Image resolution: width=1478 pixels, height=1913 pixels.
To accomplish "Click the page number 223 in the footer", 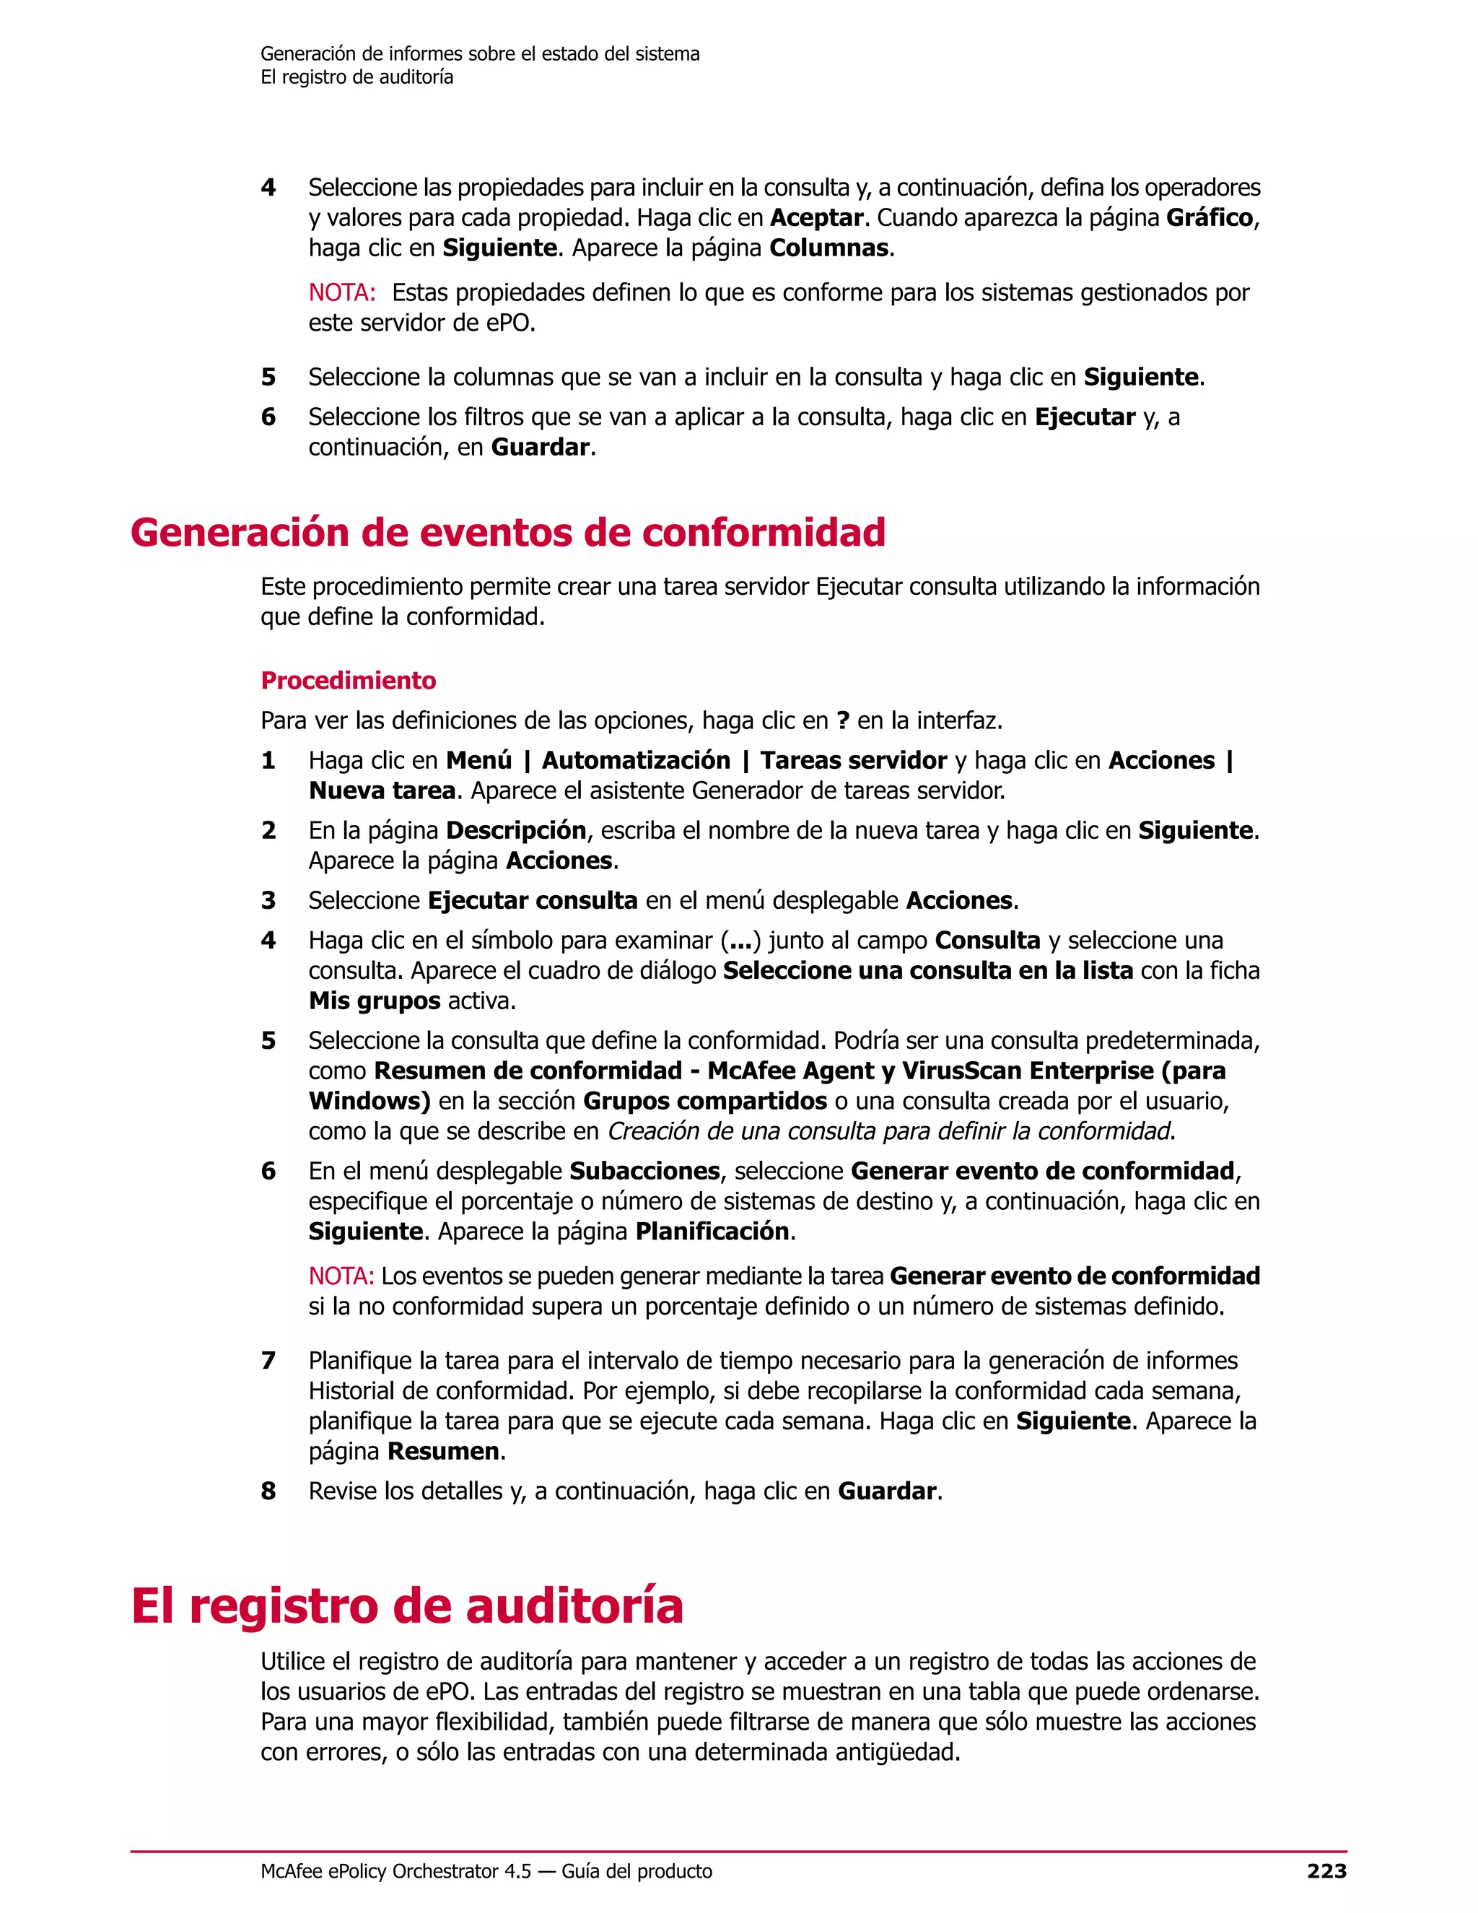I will click(1326, 1871).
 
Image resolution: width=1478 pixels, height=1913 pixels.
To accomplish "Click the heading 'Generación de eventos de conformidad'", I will click(508, 533).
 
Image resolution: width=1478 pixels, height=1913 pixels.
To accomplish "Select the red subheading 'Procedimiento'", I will click(349, 681).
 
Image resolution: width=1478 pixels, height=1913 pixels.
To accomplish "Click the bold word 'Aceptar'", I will click(817, 217).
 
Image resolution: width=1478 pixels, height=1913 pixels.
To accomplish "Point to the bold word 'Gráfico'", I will click(1210, 217).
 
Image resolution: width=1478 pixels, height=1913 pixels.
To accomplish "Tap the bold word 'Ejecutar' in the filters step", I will click(1085, 417).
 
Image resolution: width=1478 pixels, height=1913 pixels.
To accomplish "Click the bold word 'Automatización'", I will click(636, 760).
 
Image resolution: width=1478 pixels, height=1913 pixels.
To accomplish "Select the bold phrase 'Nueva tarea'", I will click(382, 791).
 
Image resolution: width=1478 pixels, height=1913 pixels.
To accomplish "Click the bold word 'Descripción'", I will click(517, 830).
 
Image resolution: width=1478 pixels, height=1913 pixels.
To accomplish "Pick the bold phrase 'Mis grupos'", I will click(374, 1001).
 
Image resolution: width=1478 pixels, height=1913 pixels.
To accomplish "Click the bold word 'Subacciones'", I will click(644, 1171).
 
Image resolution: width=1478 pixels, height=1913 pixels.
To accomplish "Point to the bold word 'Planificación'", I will click(713, 1232).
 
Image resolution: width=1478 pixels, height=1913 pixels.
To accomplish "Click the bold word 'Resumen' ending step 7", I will click(443, 1452).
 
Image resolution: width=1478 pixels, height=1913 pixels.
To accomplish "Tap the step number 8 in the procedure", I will click(268, 1491).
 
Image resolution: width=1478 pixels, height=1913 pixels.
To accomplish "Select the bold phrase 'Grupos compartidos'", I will click(705, 1101).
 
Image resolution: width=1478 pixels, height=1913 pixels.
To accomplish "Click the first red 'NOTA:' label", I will click(341, 292).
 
